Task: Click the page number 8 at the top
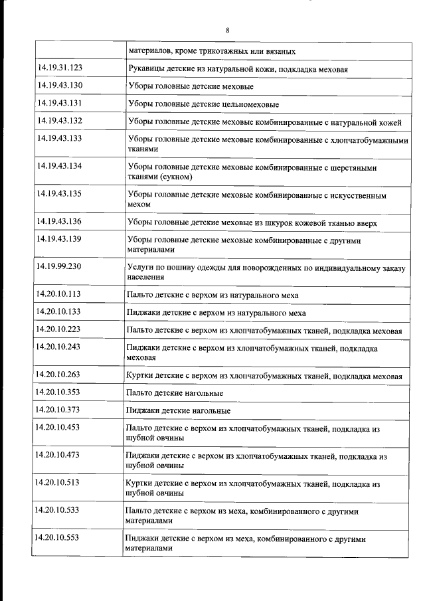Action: click(x=227, y=31)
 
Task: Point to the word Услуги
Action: click(x=140, y=267)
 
